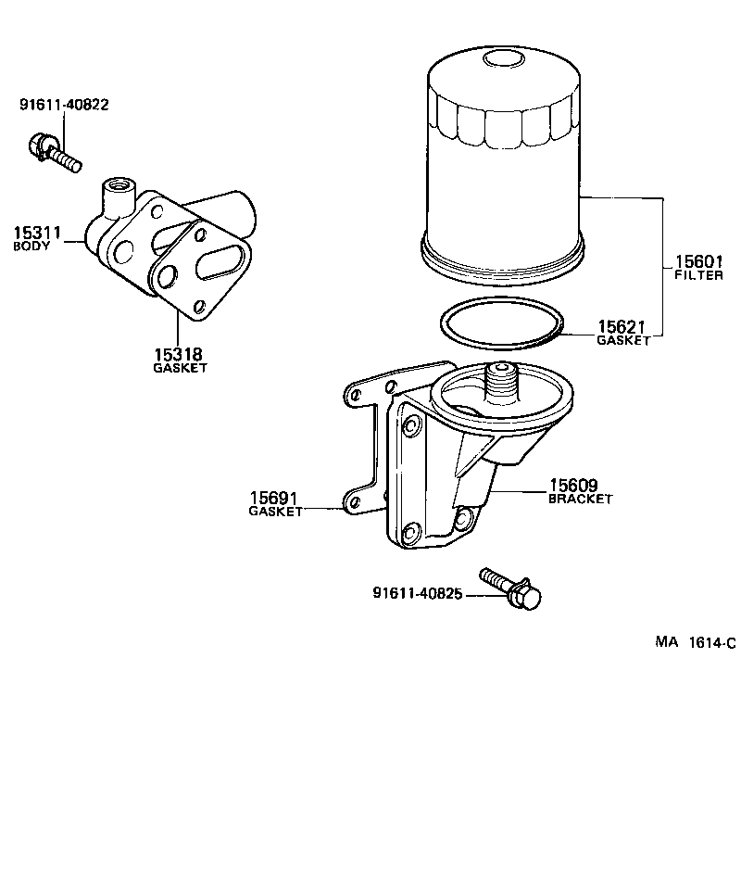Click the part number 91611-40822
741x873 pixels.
(x=64, y=105)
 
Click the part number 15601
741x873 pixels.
(x=697, y=262)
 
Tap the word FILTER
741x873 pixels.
(x=698, y=276)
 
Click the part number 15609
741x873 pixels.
(x=573, y=484)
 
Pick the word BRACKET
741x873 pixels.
(x=581, y=499)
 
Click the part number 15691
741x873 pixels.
(x=274, y=497)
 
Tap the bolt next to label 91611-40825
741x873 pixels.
(x=510, y=589)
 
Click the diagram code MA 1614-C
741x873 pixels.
(x=695, y=642)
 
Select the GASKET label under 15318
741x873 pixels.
(x=180, y=368)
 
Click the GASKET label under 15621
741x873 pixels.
(x=622, y=341)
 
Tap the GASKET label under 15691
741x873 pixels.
(x=275, y=512)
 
